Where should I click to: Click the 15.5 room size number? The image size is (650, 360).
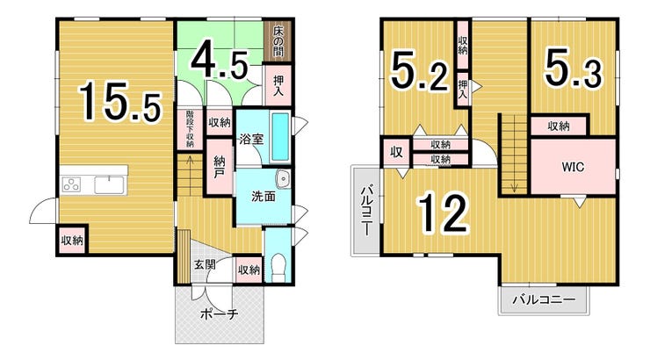[x=119, y=101]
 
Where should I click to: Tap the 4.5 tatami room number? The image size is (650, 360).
[x=220, y=64]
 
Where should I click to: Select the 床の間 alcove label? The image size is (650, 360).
[x=278, y=40]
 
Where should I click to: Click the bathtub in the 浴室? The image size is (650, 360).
[x=280, y=137]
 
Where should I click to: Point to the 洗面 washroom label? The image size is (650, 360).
[x=264, y=197]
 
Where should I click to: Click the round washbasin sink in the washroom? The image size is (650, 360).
[x=284, y=179]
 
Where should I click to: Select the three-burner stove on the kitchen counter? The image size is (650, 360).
[x=71, y=184]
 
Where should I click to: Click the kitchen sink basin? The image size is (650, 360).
[x=109, y=184]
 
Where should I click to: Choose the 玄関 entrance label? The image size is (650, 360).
[x=206, y=264]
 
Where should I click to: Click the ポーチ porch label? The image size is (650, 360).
[x=220, y=314]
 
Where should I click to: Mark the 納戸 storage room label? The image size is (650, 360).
[x=220, y=167]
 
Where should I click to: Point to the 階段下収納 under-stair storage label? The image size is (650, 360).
[x=190, y=129]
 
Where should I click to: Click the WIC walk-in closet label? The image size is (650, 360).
[x=573, y=167]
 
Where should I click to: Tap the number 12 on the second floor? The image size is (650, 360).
[x=444, y=212]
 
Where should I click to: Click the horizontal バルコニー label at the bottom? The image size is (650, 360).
[x=544, y=299]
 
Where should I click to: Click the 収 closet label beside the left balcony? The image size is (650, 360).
[x=397, y=153]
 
